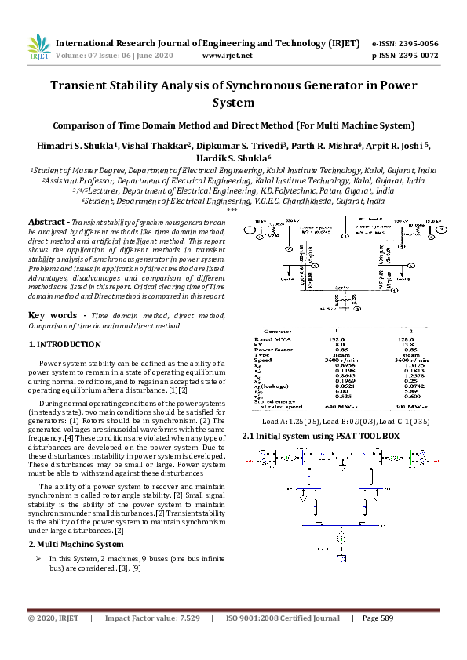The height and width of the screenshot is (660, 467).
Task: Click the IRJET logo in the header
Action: [38, 49]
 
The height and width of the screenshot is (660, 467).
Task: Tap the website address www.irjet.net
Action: [227, 56]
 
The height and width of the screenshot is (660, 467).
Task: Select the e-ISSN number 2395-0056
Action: [416, 43]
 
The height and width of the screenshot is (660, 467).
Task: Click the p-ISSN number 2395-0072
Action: [416, 56]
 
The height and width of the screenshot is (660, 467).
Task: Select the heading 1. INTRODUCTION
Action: [64, 344]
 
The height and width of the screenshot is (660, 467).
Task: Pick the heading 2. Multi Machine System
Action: [75, 544]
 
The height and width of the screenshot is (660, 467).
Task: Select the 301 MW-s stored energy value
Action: [411, 407]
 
